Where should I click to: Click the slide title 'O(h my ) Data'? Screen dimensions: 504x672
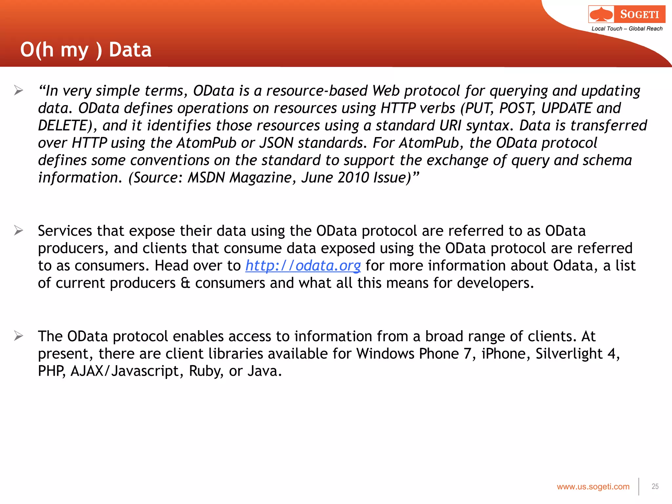coord(86,50)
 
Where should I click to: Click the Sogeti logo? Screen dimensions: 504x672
coord(627,14)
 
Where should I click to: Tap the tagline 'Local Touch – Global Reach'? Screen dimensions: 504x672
coord(627,29)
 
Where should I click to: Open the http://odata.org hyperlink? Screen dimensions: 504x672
coord(303,265)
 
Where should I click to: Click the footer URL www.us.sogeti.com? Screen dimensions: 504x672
coord(593,487)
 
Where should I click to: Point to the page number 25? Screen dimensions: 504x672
coord(655,487)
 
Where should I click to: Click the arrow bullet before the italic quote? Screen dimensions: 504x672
coord(19,90)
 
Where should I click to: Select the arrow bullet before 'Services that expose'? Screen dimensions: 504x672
coord(19,231)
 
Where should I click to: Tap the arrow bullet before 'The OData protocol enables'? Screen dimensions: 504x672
coord(19,336)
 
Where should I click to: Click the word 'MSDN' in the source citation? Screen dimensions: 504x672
coord(206,178)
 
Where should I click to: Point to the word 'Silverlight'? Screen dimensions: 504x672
coord(569,354)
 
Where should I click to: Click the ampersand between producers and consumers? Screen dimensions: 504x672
coord(185,283)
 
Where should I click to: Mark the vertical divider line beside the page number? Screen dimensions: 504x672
coord(639,487)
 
